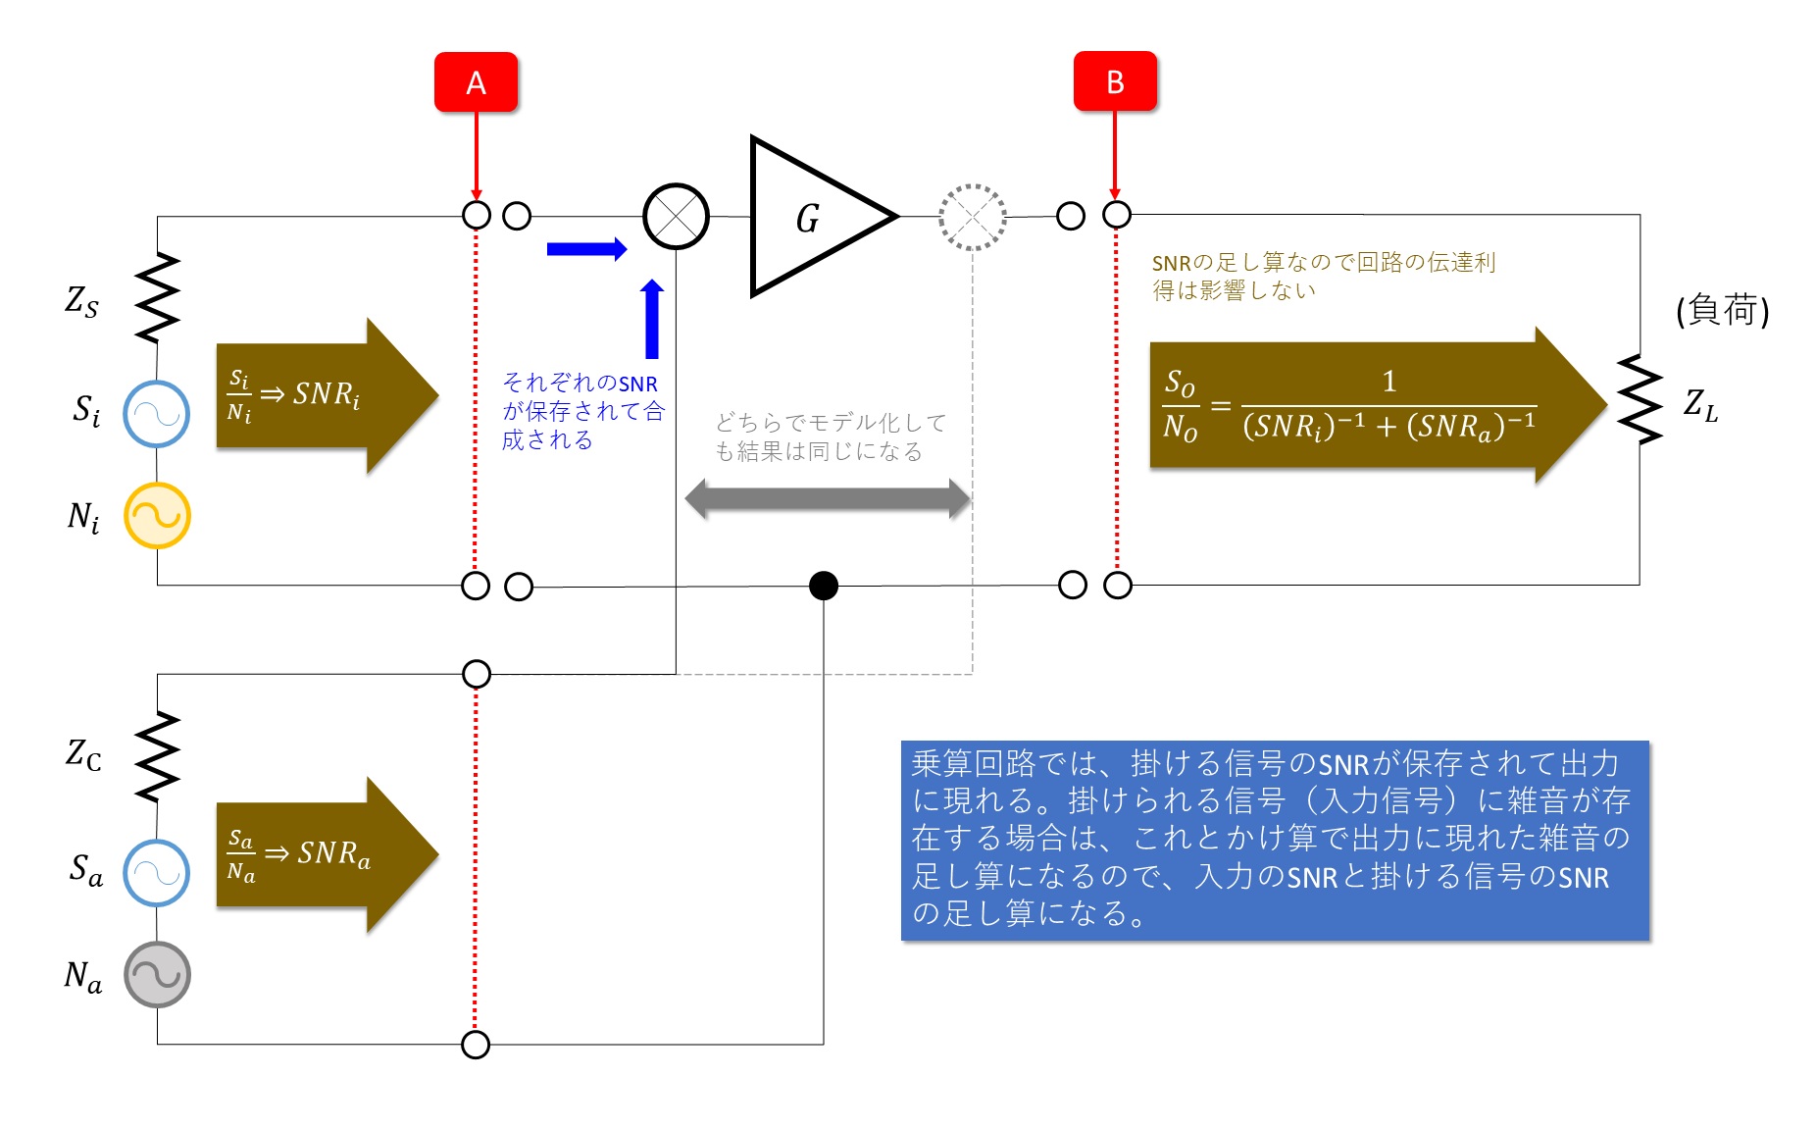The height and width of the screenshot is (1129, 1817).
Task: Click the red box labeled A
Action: (476, 82)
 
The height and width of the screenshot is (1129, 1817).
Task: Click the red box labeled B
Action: (1115, 81)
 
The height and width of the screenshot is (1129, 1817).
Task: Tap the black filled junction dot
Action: (824, 586)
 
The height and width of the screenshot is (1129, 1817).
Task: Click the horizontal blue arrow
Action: (586, 249)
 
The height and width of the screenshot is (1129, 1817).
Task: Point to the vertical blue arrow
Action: (652, 319)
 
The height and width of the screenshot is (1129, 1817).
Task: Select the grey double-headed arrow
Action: (828, 498)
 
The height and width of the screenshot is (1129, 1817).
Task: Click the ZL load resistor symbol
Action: (1640, 399)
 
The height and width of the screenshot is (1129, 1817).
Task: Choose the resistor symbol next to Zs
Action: (157, 298)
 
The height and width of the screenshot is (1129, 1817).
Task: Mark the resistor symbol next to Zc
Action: (157, 756)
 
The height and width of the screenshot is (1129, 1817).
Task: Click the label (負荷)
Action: (1723, 310)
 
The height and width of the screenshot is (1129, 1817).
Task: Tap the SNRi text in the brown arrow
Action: (327, 394)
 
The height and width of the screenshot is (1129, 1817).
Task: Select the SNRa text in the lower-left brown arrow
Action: (334, 853)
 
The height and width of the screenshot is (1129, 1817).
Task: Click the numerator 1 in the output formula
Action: (1388, 381)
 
